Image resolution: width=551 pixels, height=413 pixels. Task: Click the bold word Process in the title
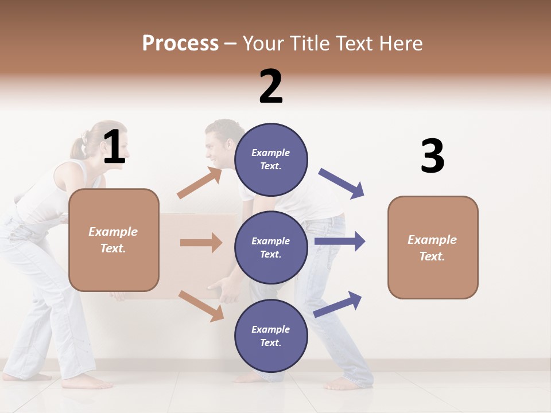(180, 43)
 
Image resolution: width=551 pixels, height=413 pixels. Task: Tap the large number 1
(114, 147)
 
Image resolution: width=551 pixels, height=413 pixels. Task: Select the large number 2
(271, 86)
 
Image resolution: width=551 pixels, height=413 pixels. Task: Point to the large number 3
(432, 156)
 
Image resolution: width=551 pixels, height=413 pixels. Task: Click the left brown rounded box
(114, 240)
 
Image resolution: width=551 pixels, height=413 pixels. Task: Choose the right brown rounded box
(433, 247)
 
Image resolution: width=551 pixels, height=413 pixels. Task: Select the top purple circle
(271, 159)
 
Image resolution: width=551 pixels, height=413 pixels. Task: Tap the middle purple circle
(271, 247)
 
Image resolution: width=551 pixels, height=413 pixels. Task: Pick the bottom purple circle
(271, 336)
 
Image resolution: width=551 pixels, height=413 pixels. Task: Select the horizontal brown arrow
(201, 243)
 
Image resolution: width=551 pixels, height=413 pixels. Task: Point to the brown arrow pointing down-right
(201, 306)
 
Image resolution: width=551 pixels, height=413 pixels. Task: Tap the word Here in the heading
(399, 43)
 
